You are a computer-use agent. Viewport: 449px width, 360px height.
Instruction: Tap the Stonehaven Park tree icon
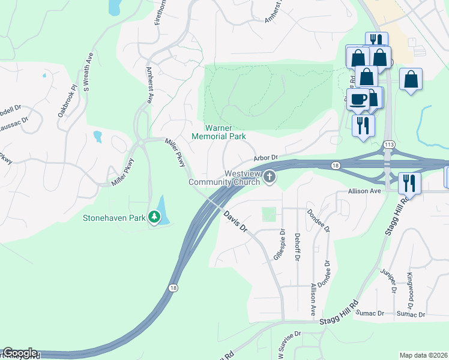click(x=155, y=217)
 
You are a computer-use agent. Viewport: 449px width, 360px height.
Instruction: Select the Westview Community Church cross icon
click(x=270, y=177)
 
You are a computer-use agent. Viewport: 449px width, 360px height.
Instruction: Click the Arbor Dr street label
click(x=265, y=158)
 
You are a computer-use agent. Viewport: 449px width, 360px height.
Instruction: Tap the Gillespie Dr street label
click(x=278, y=245)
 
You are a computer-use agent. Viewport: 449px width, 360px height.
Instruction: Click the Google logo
click(x=20, y=353)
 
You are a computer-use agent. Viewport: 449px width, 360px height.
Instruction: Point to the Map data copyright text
click(x=423, y=355)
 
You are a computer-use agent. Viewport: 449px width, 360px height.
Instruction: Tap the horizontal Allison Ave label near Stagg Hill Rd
click(x=366, y=190)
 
